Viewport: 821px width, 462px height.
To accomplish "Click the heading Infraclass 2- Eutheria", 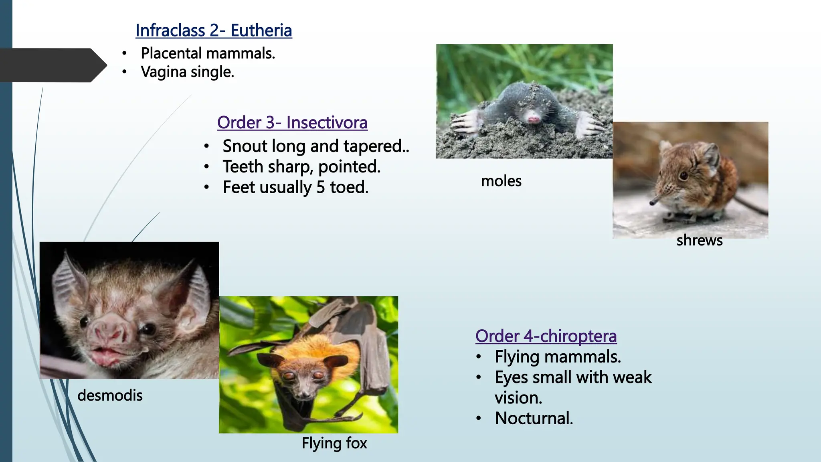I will pos(214,30).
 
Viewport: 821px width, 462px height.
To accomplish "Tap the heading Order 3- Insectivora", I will pos(292,123).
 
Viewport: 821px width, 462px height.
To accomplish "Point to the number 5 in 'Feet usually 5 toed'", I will pos(320,187).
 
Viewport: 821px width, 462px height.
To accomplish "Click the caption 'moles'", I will pos(501,181).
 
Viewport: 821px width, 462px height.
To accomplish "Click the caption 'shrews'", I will pos(699,240).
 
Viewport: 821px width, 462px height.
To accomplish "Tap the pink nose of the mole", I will pos(534,119).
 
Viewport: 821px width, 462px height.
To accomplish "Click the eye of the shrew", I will pos(684,175).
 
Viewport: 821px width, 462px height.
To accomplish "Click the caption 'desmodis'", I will pos(110,395).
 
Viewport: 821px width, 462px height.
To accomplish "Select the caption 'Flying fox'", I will pos(334,443).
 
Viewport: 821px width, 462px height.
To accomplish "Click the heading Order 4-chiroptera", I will pos(546,336).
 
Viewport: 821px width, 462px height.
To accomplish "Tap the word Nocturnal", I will pos(534,418).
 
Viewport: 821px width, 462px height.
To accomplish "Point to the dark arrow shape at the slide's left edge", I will pos(52,65).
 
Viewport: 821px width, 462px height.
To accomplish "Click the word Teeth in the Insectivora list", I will pos(243,167).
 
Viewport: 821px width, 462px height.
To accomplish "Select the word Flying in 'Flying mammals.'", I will pos(517,357).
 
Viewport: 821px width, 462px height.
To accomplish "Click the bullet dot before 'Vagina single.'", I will pos(125,72).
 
